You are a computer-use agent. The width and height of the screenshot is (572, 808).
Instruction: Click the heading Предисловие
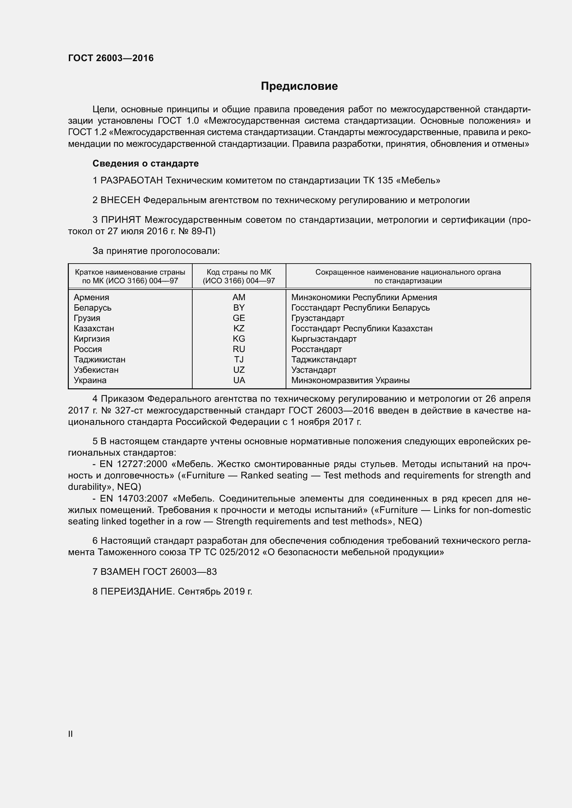coord(299,86)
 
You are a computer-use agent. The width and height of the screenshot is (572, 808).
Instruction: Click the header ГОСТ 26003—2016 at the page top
coord(111,58)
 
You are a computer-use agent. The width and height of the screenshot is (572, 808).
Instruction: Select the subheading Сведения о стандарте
coord(146,163)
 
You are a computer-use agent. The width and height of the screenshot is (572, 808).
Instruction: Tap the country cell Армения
coord(91,297)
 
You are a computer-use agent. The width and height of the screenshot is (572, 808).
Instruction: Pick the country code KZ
coord(239,328)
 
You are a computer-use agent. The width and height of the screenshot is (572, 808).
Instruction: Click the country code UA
coord(239,380)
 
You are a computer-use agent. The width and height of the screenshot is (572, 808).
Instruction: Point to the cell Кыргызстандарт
coord(324,339)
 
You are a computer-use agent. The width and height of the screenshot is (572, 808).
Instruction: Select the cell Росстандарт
coord(316,349)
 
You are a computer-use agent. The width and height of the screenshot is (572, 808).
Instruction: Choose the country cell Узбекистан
coord(96,370)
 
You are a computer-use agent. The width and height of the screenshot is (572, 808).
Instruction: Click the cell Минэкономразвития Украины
coord(350,380)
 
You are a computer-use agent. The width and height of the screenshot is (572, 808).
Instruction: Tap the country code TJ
coord(239,359)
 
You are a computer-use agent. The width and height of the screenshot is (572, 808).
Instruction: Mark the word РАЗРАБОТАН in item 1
coord(132,181)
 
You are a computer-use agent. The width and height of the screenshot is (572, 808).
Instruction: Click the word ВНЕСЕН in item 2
coord(120,200)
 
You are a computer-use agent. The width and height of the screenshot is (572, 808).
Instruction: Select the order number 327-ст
coord(130,410)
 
